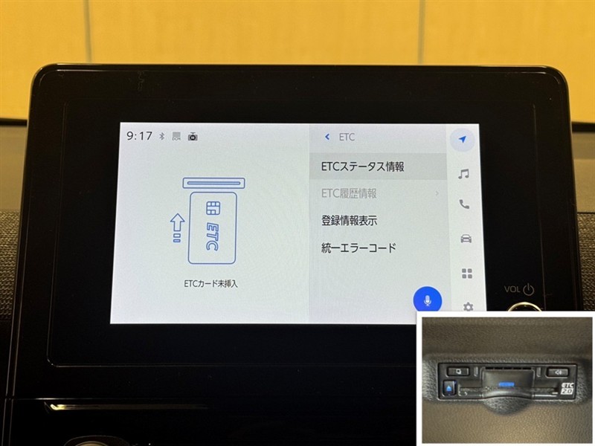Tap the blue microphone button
pyautogui.click(x=427, y=300)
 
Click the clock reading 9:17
pyautogui.click(x=139, y=136)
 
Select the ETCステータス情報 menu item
pyautogui.click(x=362, y=167)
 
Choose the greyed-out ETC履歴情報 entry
pyautogui.click(x=349, y=193)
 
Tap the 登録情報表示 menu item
pyautogui.click(x=349, y=220)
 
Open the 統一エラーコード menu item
pyautogui.click(x=358, y=248)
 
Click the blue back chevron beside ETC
pyautogui.click(x=327, y=137)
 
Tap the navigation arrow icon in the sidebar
pyautogui.click(x=462, y=140)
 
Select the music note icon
pyautogui.click(x=463, y=174)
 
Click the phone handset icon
pyautogui.click(x=464, y=204)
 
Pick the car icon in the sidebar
pyautogui.click(x=466, y=239)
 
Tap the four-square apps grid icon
pyautogui.click(x=467, y=273)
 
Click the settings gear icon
pyautogui.click(x=469, y=306)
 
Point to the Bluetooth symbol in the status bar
pyautogui.click(x=162, y=136)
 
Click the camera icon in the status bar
pyautogui.click(x=193, y=136)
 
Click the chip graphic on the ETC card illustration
pyautogui.click(x=213, y=208)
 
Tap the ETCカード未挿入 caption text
pyautogui.click(x=210, y=283)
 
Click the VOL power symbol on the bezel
pyautogui.click(x=529, y=289)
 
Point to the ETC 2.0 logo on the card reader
pyautogui.click(x=567, y=388)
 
